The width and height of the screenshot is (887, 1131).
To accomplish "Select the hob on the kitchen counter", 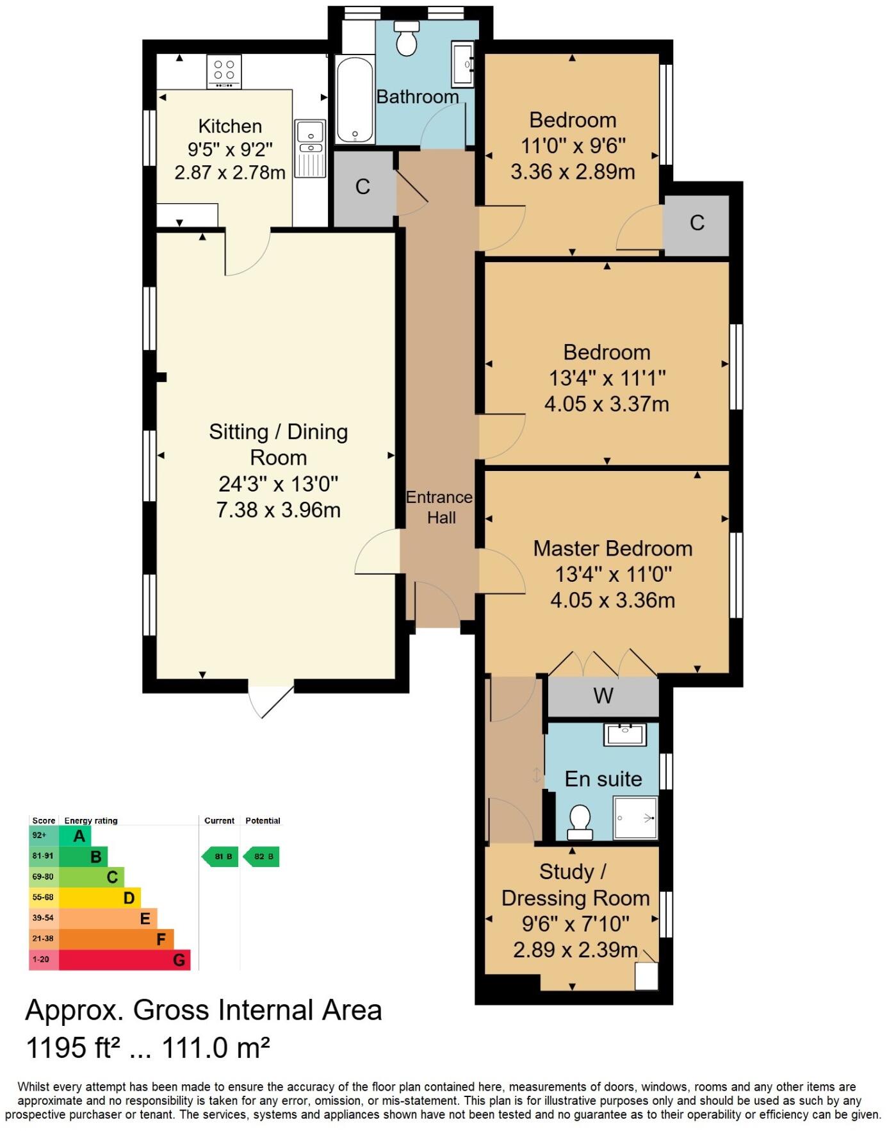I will pos(224,70).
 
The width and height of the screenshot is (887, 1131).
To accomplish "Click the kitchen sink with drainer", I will pos(311,149).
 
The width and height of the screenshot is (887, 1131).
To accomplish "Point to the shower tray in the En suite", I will pos(635,818).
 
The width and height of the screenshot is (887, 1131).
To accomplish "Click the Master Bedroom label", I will pos(613,549).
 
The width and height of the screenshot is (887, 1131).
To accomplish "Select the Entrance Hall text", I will pos(440,507).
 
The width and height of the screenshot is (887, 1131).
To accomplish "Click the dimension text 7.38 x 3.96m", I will pos(279,510).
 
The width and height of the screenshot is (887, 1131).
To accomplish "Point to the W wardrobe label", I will pos(603,696).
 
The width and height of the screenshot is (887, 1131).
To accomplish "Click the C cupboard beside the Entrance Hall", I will pos(362,187).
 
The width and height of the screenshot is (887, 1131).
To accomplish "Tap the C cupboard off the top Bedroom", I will pos(697,223).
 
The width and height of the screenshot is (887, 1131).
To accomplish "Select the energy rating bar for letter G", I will pos(125,959).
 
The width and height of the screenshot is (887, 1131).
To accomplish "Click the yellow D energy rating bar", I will pos(100,898).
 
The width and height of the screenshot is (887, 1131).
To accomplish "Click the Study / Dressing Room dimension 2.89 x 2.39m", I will pos(575,950).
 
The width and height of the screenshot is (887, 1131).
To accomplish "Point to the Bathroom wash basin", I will pos(462,64).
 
